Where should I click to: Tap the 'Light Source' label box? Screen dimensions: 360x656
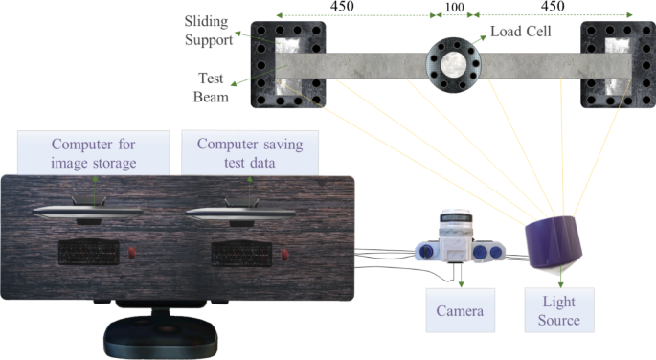pyautogui.click(x=559, y=311)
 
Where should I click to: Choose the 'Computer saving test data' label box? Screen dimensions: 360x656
pyautogui.click(x=249, y=153)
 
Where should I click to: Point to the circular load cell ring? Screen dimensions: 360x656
pyautogui.click(x=453, y=63)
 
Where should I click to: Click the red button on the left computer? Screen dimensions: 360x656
pyautogui.click(x=132, y=254)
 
